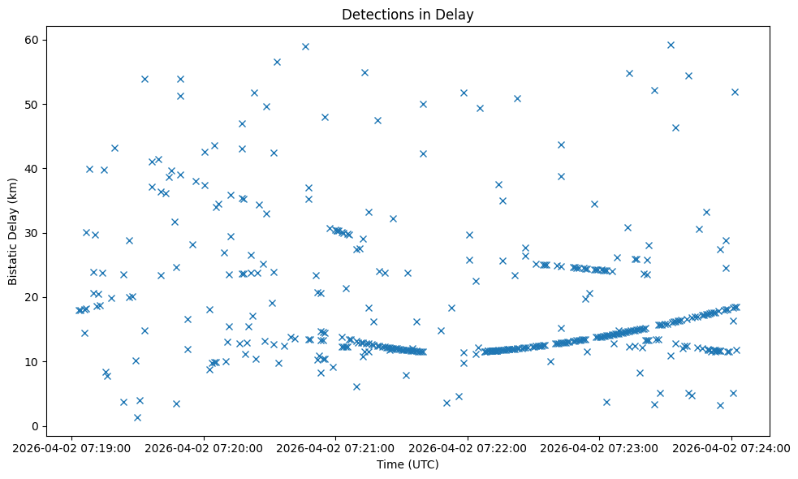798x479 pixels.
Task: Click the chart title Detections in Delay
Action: click(408, 15)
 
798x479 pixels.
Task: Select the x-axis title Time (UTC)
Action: click(408, 464)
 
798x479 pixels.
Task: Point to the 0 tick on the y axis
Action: click(36, 426)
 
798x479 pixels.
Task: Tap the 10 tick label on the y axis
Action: click(32, 361)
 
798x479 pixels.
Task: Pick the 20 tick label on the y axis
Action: click(32, 297)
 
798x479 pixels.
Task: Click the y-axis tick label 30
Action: click(32, 233)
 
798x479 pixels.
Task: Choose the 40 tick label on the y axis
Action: click(32, 169)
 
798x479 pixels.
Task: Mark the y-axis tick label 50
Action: click(32, 105)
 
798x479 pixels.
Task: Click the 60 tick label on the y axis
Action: click(32, 40)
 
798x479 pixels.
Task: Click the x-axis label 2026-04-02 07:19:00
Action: click(71, 447)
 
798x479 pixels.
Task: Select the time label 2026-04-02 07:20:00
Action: click(204, 447)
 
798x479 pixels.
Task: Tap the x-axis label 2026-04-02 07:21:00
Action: click(335, 447)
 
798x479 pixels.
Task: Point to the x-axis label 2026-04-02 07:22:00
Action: click(468, 447)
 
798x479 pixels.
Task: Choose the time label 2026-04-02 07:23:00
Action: click(600, 447)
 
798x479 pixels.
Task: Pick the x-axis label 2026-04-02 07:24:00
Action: click(731, 447)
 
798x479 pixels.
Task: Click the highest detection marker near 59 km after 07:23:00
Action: click(671, 45)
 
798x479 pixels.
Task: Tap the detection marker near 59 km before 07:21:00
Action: click(305, 46)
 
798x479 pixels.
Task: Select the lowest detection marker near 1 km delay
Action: click(137, 417)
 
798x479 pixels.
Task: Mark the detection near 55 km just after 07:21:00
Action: click(364, 72)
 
